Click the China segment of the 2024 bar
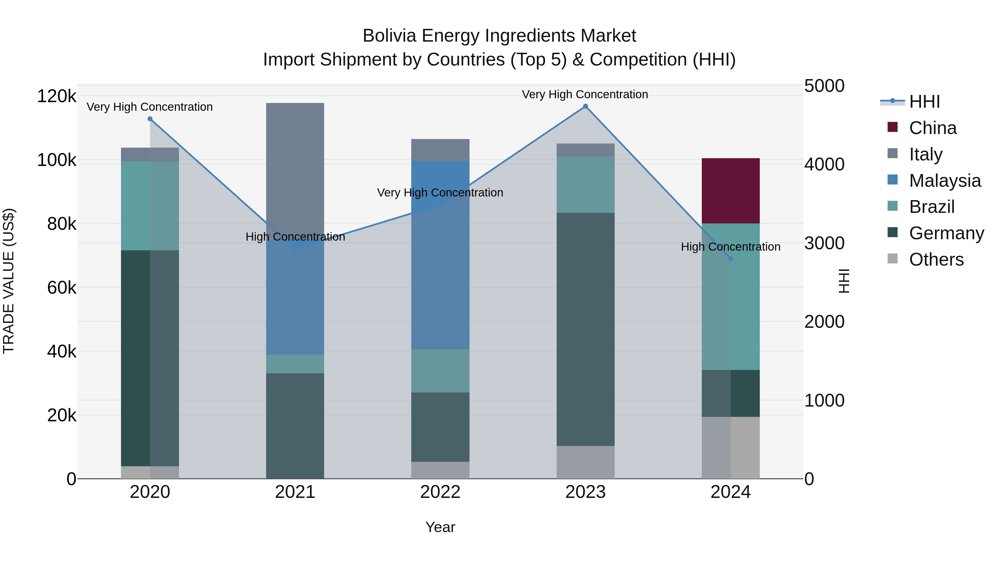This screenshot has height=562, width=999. point(730,191)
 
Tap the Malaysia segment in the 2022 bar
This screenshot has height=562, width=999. point(440,271)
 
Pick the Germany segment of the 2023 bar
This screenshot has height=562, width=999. point(585,330)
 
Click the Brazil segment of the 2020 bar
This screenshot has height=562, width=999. point(150,206)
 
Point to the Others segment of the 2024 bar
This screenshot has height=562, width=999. point(730,448)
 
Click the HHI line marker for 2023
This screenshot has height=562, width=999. point(585,106)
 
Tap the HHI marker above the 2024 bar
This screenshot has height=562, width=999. point(731,259)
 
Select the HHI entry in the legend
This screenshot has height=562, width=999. point(924,102)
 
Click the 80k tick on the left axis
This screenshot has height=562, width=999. point(61,224)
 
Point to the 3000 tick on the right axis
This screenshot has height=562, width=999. point(824,243)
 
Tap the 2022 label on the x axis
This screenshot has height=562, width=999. point(440,492)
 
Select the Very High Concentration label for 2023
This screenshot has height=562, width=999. point(585,94)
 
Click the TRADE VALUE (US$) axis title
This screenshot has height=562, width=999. point(9,281)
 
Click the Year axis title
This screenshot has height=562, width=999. point(440,527)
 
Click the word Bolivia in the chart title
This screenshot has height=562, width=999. point(389,36)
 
